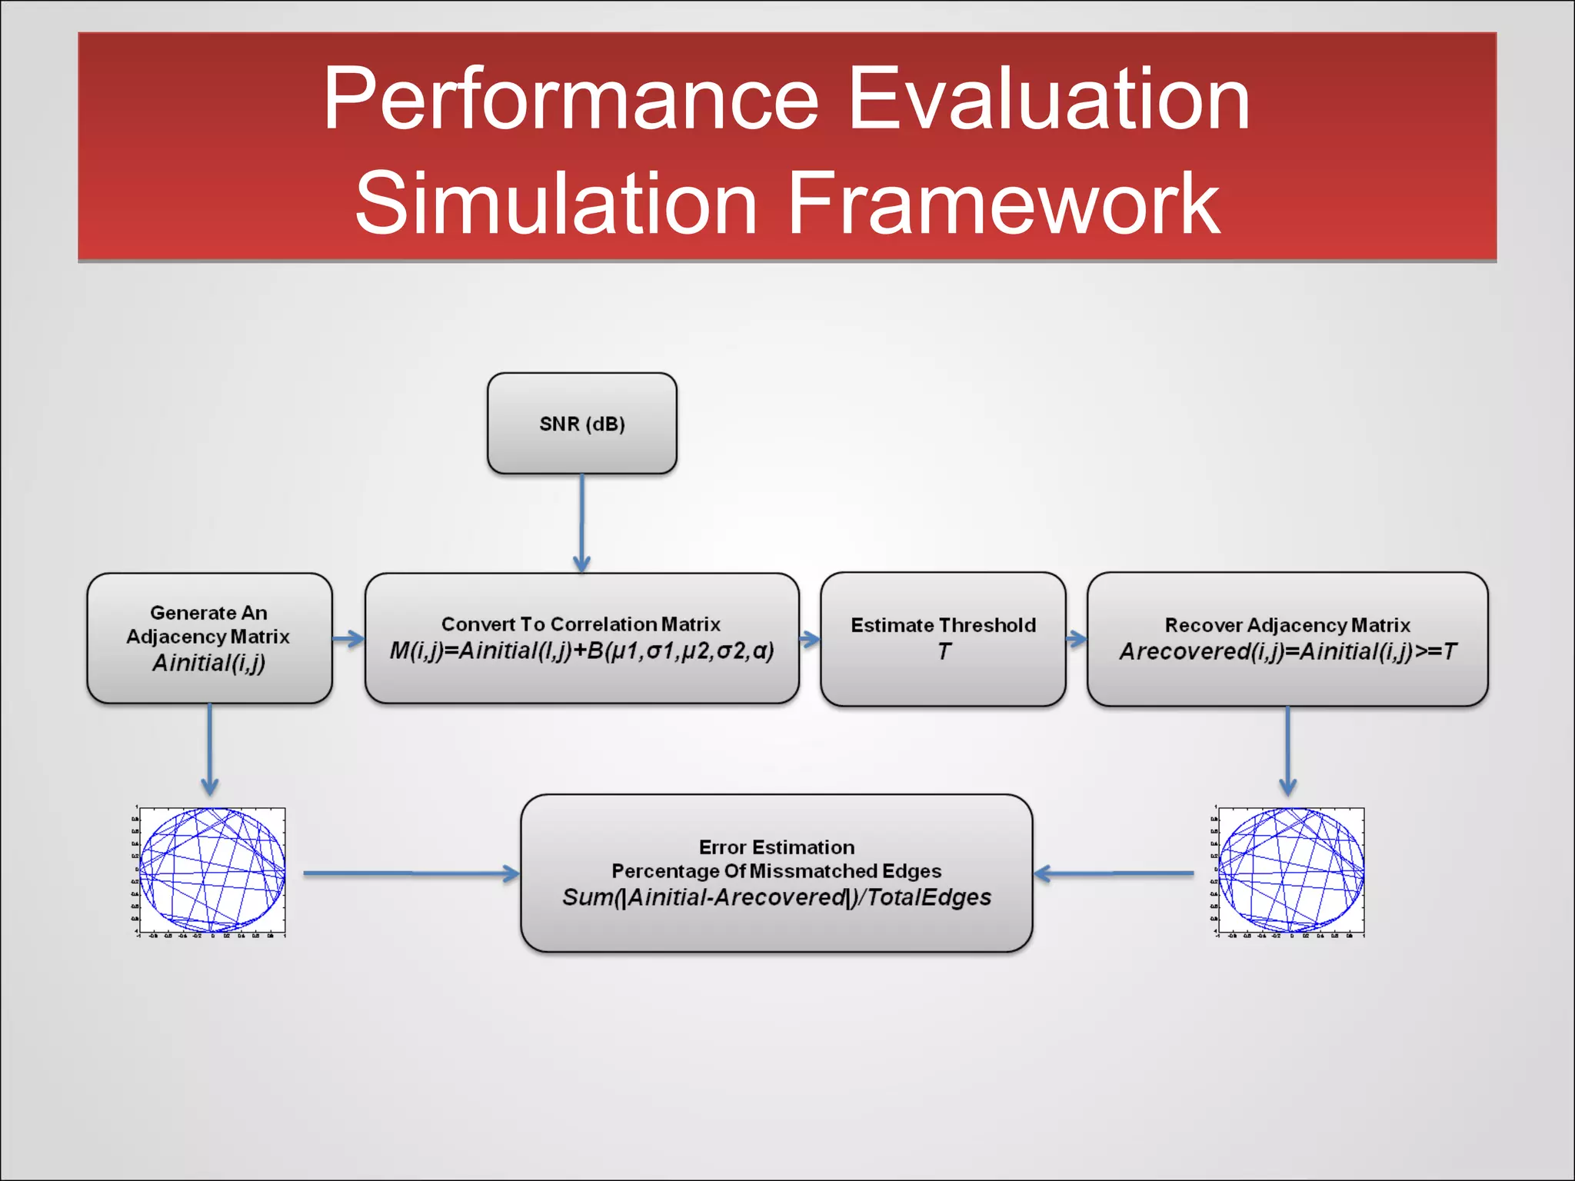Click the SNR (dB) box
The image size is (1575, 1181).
click(x=582, y=424)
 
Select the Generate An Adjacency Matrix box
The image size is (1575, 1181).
click(x=209, y=638)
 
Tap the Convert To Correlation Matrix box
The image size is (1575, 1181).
click(x=581, y=638)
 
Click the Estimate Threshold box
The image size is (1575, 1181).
click(x=943, y=638)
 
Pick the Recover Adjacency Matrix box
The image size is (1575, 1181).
click(x=1287, y=638)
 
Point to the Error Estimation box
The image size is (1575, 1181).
click(x=776, y=873)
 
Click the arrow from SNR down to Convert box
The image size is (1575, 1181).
click(x=582, y=523)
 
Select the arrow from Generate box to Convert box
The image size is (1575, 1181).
click(x=348, y=639)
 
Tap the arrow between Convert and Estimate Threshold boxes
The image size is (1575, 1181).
click(x=810, y=639)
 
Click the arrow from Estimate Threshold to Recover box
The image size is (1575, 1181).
click(x=1077, y=639)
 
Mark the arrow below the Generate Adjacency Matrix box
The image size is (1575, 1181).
click(x=210, y=750)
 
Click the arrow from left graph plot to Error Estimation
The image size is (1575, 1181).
click(x=411, y=873)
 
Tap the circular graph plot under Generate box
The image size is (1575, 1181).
click(x=211, y=871)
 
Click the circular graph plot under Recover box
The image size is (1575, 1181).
click(x=1291, y=871)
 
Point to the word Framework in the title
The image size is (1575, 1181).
click(x=1004, y=203)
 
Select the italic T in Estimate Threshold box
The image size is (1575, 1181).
click(x=944, y=652)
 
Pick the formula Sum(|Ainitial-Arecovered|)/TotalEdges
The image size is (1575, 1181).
click(x=776, y=897)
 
